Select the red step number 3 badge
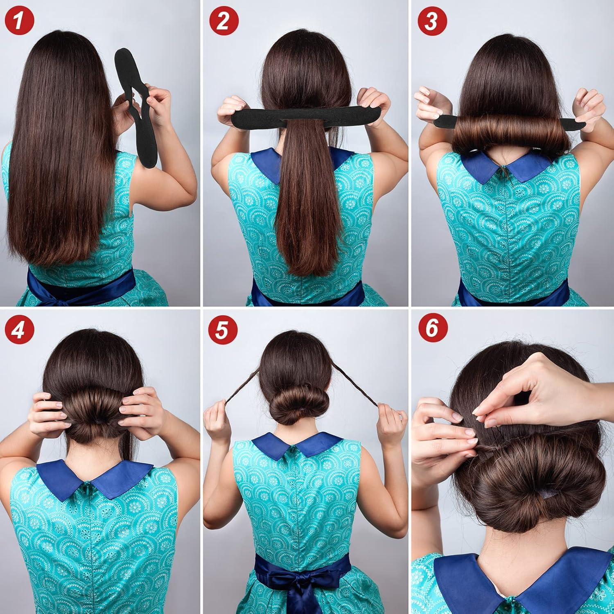pyautogui.click(x=430, y=20)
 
